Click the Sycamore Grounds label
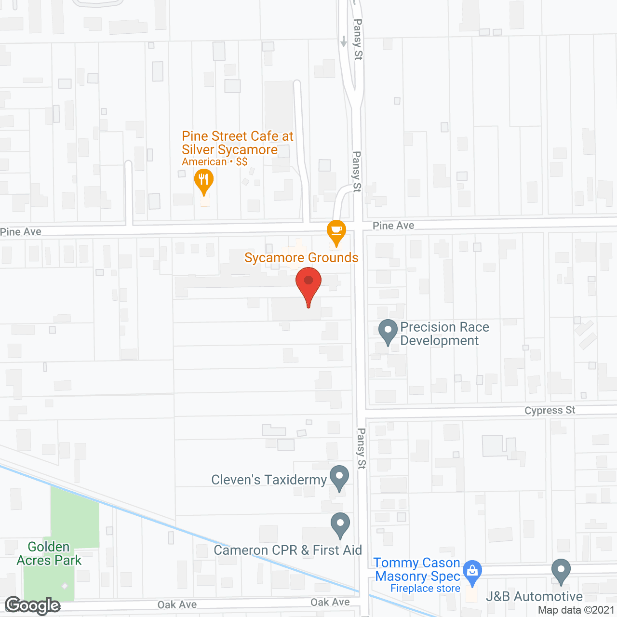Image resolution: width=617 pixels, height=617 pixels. (x=301, y=258)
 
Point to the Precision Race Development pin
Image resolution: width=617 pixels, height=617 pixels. (x=388, y=332)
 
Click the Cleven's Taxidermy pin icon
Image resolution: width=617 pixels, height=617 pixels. (x=339, y=477)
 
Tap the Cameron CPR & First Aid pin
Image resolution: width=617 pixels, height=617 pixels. (x=340, y=524)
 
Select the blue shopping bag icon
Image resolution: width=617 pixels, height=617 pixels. (x=472, y=572)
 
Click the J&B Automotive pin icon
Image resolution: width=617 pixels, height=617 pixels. (x=561, y=571)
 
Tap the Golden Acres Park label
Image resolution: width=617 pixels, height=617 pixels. (x=49, y=554)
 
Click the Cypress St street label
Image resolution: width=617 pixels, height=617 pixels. (x=550, y=411)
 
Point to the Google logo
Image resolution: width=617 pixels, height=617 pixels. (x=33, y=605)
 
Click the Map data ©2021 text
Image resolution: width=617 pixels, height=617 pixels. (x=577, y=610)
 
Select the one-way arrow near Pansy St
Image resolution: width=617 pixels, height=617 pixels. (x=343, y=41)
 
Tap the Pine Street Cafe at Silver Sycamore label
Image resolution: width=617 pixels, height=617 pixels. (x=237, y=143)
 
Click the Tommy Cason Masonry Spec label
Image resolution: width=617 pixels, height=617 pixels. (x=417, y=569)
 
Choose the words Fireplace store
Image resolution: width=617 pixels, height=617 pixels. (x=425, y=589)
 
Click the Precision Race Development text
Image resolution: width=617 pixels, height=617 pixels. (x=444, y=334)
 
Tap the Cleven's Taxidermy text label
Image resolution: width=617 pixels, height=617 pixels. (x=269, y=480)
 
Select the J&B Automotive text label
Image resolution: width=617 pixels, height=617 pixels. (x=534, y=597)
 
